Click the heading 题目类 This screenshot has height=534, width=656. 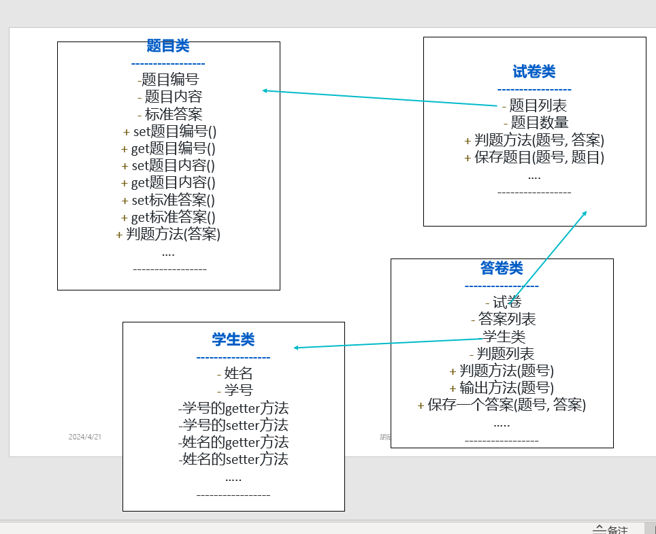click(168, 46)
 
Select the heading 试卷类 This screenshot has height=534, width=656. click(534, 71)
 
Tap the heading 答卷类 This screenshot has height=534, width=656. click(502, 268)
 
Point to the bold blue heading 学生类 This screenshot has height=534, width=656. click(233, 339)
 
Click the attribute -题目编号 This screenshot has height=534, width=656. click(168, 80)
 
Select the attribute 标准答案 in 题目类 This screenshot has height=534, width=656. click(174, 114)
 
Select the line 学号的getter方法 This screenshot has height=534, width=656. click(233, 408)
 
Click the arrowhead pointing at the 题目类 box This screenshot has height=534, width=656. click(265, 90)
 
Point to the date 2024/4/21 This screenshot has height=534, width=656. click(85, 437)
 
